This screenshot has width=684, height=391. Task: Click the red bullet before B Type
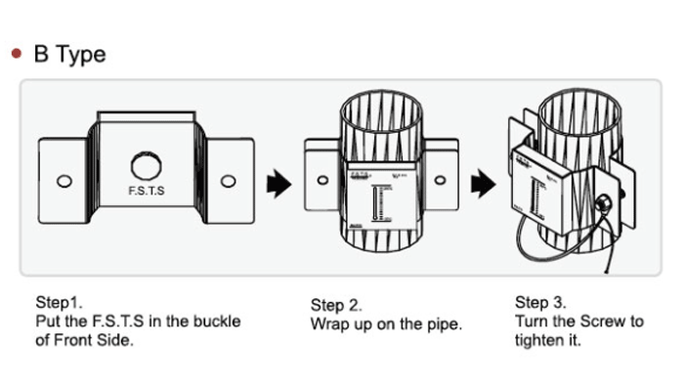[x=17, y=55]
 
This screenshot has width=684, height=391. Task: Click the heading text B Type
[x=69, y=55]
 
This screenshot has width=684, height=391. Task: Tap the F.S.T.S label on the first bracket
[x=147, y=191]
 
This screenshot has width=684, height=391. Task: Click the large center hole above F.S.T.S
[x=147, y=161]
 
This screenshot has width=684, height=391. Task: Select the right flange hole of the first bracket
[x=228, y=181]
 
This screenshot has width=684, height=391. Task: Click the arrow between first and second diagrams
[x=279, y=184]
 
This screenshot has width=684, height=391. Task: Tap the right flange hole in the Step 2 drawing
[x=440, y=181]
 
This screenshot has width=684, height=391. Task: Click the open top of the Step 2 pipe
[x=381, y=104]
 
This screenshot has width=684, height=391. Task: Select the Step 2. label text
[x=337, y=304]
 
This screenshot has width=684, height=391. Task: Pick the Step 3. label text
[x=540, y=302]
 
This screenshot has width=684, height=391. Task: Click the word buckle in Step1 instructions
[x=216, y=321]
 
